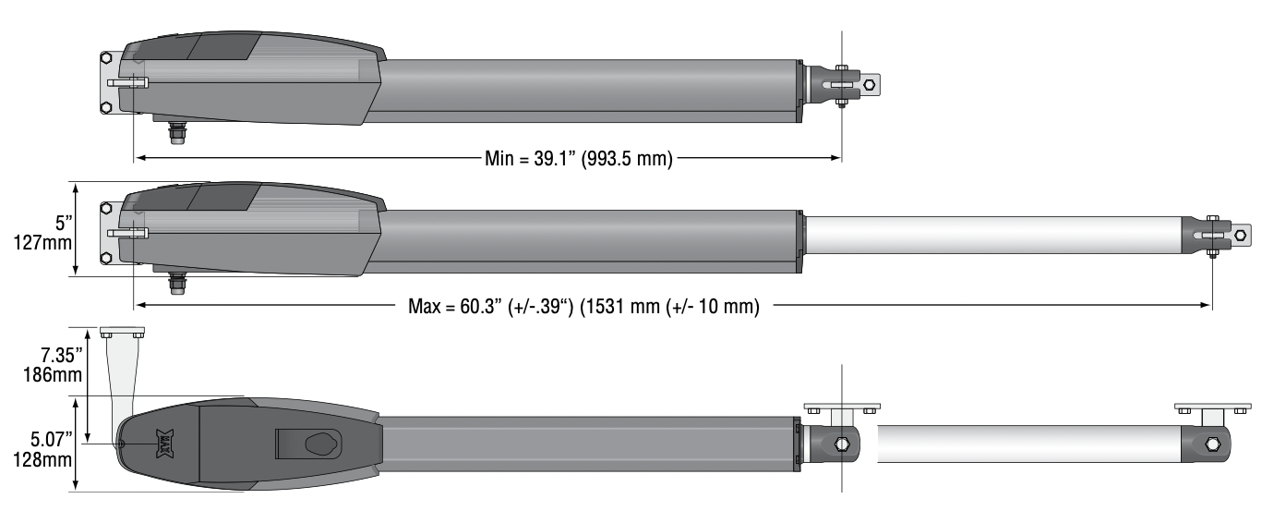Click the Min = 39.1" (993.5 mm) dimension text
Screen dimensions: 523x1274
pyautogui.click(x=579, y=158)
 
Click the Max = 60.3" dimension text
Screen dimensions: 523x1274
pyautogui.click(x=583, y=306)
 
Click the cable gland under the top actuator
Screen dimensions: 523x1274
pyautogui.click(x=175, y=132)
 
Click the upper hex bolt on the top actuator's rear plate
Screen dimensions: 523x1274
pyautogui.click(x=107, y=57)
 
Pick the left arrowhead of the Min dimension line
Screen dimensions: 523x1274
pyautogui.click(x=139, y=158)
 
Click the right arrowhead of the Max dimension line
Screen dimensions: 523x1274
pyautogui.click(x=1207, y=306)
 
